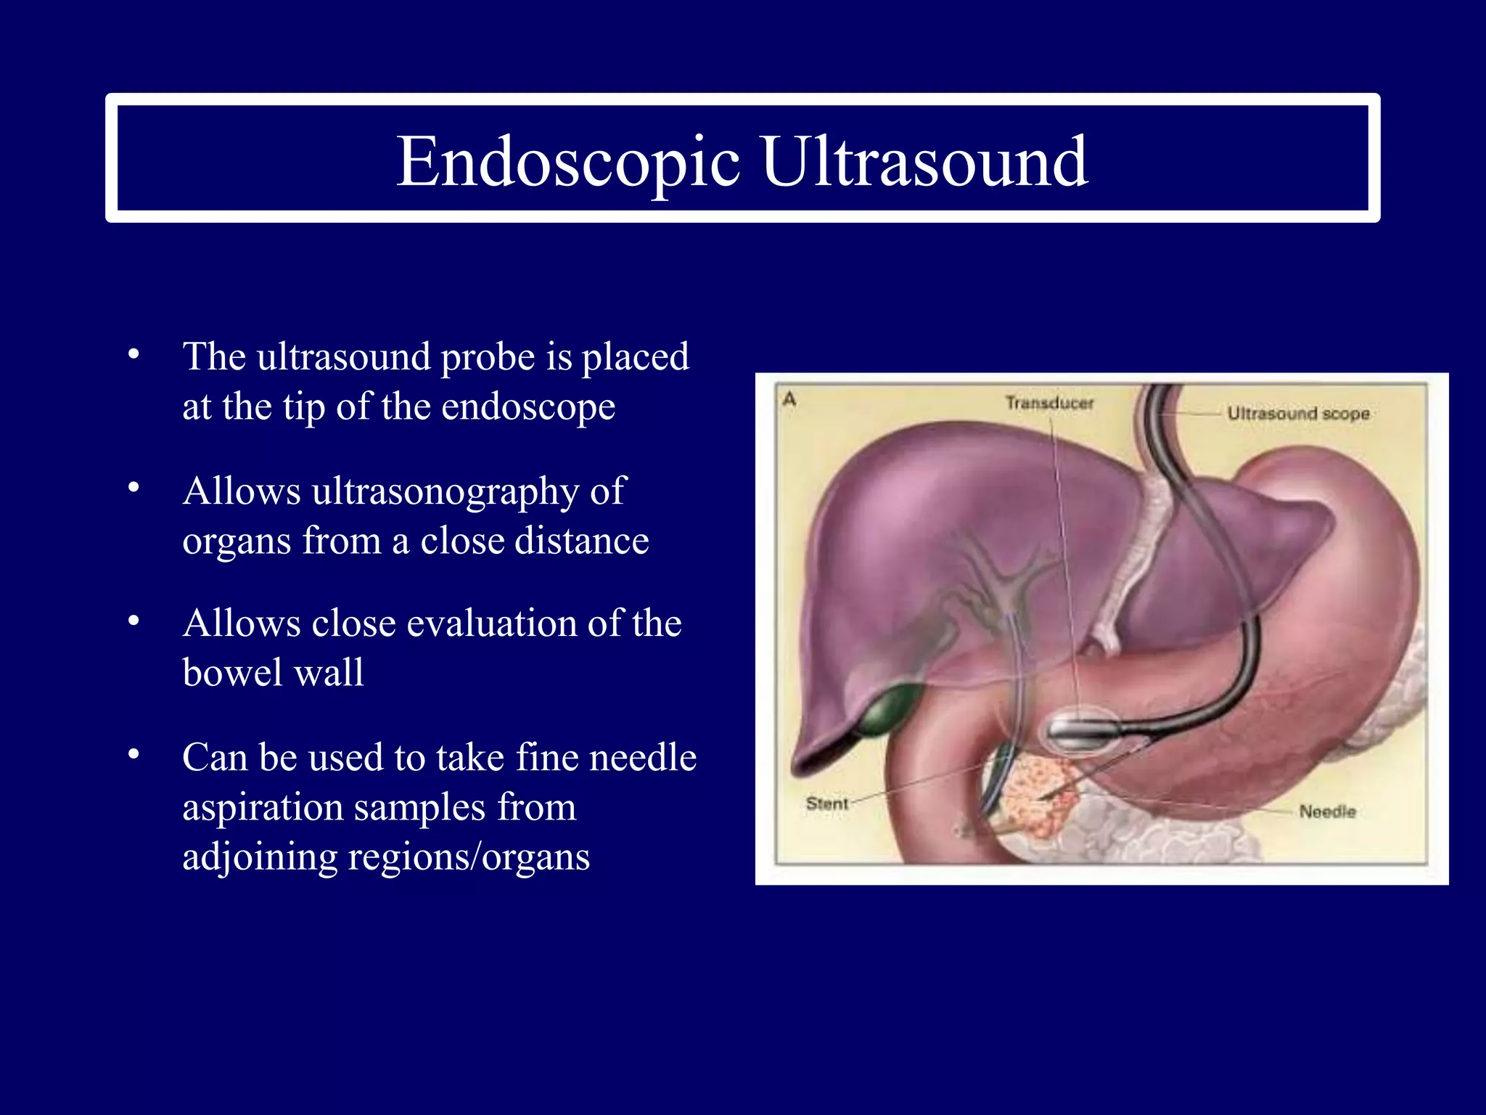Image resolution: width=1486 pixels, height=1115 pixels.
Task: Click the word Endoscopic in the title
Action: pyautogui.click(x=567, y=162)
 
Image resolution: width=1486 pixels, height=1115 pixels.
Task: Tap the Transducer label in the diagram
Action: pyautogui.click(x=1049, y=403)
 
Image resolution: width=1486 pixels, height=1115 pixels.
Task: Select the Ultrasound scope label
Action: pyautogui.click(x=1297, y=414)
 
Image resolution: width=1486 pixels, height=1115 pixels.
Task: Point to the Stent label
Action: pyautogui.click(x=826, y=804)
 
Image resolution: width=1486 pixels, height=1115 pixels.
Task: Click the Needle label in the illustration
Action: pyautogui.click(x=1327, y=812)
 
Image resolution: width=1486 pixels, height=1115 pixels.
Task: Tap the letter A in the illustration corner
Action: pyautogui.click(x=789, y=399)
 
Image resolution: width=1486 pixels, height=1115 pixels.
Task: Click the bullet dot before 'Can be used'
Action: pyautogui.click(x=133, y=755)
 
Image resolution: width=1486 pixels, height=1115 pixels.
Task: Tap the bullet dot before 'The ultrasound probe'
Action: pyautogui.click(x=133, y=354)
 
